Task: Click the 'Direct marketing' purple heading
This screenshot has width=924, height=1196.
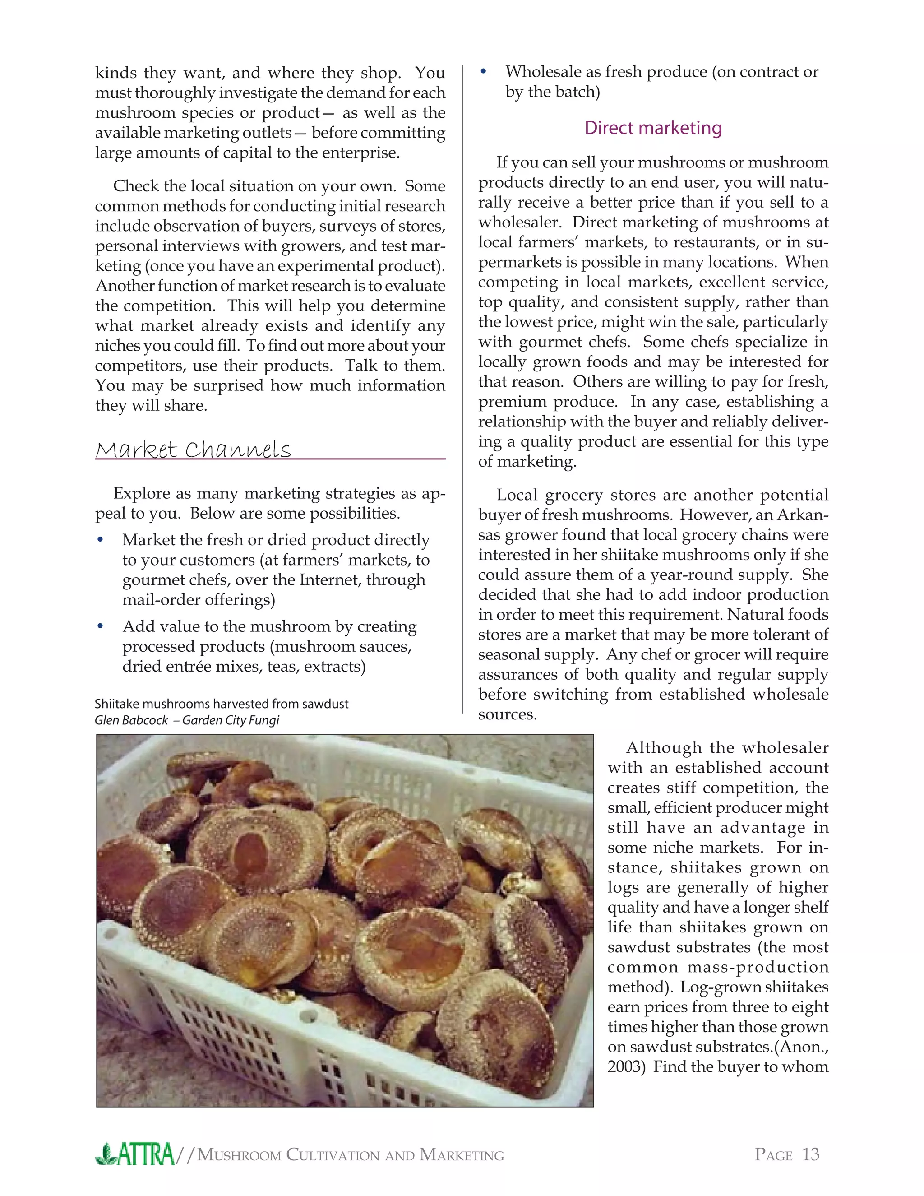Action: pyautogui.click(x=653, y=128)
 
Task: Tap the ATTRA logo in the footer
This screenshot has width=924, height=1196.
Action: pyautogui.click(x=135, y=1154)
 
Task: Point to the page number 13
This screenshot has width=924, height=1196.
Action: pyautogui.click(x=810, y=1154)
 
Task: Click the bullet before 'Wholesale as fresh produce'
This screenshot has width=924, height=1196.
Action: pyautogui.click(x=483, y=72)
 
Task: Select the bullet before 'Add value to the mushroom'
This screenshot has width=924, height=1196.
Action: pyautogui.click(x=100, y=626)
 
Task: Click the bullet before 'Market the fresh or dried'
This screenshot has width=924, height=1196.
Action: pyautogui.click(x=100, y=540)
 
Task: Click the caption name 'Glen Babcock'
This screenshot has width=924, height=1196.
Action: pyautogui.click(x=131, y=720)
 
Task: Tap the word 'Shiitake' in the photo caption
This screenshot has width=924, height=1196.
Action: pyautogui.click(x=114, y=704)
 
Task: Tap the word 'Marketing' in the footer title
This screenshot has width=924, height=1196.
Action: pyautogui.click(x=462, y=1155)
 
